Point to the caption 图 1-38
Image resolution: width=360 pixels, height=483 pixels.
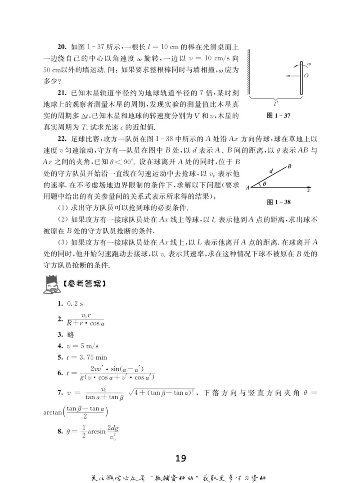pyautogui.click(x=279, y=202)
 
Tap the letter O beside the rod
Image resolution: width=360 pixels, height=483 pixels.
pyautogui.click(x=306, y=76)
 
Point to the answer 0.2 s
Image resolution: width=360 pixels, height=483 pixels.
pyautogui.click(x=72, y=304)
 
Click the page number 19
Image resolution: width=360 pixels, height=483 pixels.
pyautogui.click(x=180, y=458)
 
